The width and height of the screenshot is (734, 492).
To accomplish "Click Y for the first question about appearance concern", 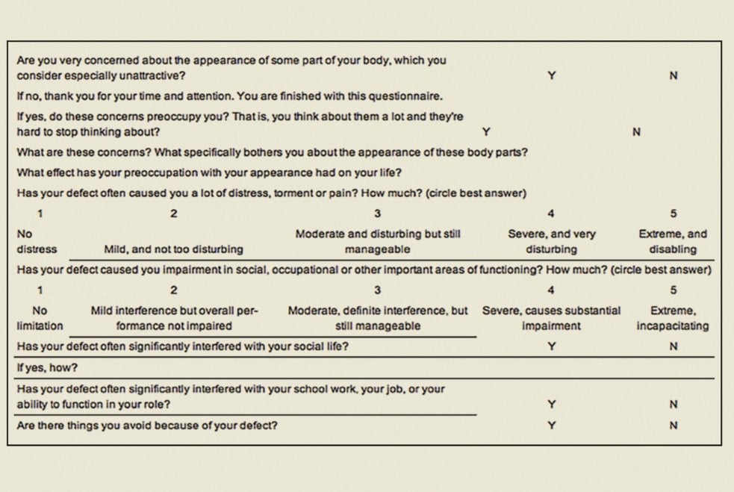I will pos(551,75).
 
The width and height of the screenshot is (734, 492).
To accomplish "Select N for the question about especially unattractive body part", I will pos(674,75).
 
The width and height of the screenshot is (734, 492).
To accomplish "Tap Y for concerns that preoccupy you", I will pos(486,132).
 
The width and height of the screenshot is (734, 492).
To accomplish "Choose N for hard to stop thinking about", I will pos(636,132).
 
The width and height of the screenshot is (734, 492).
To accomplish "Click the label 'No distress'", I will pos(37,241).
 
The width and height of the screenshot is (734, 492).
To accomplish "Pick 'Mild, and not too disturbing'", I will pos(173,249).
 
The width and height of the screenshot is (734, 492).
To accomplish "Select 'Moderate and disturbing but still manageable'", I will pos(378,241).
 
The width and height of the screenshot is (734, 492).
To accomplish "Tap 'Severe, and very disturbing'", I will pos(551,241).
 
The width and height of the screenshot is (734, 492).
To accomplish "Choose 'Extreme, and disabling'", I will pos(673,241).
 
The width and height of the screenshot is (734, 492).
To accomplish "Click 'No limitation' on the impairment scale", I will pos(40,317).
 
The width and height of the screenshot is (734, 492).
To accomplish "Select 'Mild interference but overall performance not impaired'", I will pos(174,317).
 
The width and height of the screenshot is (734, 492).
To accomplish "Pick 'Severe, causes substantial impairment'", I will pos(551,317).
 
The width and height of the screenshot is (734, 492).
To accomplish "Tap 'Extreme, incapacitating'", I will pos(673,317).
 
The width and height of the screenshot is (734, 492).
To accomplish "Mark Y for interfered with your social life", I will pos(551,346).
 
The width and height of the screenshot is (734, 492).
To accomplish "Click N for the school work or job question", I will pos(674,405).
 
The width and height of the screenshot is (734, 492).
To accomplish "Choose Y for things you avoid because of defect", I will pos(551,426).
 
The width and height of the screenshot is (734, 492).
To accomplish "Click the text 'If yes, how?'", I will pos(47,368).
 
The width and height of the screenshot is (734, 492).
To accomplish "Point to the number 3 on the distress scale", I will pos(378,214).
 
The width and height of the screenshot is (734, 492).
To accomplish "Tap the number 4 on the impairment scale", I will pos(551,290).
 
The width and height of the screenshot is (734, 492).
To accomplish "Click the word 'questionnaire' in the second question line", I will pos(410,96).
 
